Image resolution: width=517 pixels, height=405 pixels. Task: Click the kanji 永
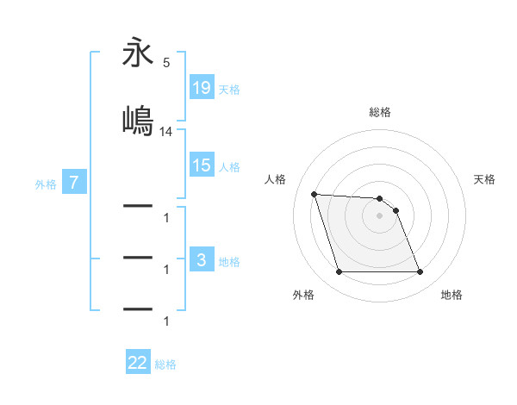click(138, 54)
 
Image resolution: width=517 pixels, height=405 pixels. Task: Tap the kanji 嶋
click(138, 119)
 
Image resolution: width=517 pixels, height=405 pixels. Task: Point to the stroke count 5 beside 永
click(166, 63)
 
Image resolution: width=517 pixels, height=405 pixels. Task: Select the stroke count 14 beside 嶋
click(166, 132)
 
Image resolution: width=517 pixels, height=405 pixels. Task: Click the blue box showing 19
click(202, 88)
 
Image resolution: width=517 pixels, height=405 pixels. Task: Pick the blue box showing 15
click(202, 165)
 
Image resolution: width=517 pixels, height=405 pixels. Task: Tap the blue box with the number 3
click(202, 260)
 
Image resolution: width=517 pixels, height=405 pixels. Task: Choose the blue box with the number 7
click(75, 183)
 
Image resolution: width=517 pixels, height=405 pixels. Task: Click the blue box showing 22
click(138, 363)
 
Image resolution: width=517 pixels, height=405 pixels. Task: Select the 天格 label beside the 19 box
click(229, 89)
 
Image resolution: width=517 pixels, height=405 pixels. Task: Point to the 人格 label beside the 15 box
click(229, 166)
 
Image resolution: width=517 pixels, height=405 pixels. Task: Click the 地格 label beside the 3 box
click(229, 261)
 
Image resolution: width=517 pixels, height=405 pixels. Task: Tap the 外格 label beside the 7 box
click(46, 184)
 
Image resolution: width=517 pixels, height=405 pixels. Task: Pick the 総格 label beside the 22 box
click(165, 364)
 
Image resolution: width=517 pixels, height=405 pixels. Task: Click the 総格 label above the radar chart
click(380, 112)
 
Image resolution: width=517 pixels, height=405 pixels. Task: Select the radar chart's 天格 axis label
click(485, 179)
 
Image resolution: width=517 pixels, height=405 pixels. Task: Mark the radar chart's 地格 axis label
click(452, 295)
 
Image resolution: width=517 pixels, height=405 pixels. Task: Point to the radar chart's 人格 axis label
click(276, 179)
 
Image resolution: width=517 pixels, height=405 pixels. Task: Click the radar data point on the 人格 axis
click(314, 194)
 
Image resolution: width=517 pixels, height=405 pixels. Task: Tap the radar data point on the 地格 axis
click(420, 272)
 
